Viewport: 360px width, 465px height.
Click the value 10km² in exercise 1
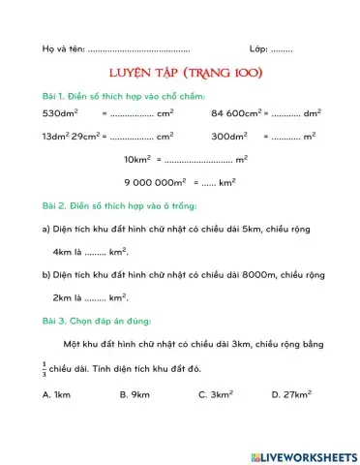pyautogui.click(x=138, y=158)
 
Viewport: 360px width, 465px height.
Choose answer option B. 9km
pyautogui.click(x=135, y=394)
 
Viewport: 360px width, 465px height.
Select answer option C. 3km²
pyautogui.click(x=215, y=394)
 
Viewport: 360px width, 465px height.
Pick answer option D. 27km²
pyautogui.click(x=291, y=394)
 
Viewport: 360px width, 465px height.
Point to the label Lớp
pyautogui.click(x=258, y=47)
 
